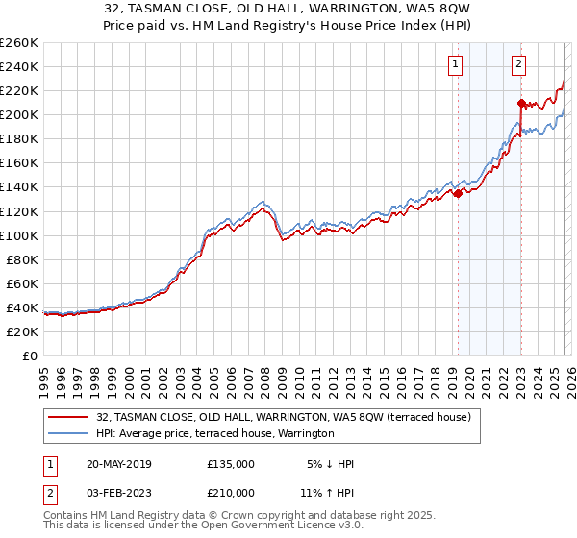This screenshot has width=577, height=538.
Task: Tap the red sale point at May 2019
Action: point(458,193)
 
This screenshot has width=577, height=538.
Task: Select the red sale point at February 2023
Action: point(520,103)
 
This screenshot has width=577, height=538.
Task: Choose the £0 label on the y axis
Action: point(29,355)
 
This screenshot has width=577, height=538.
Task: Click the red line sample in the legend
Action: point(67,418)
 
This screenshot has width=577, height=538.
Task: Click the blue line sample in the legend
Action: point(67,434)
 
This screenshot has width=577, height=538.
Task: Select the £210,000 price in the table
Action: point(231,493)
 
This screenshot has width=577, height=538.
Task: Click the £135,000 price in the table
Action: point(231,464)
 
